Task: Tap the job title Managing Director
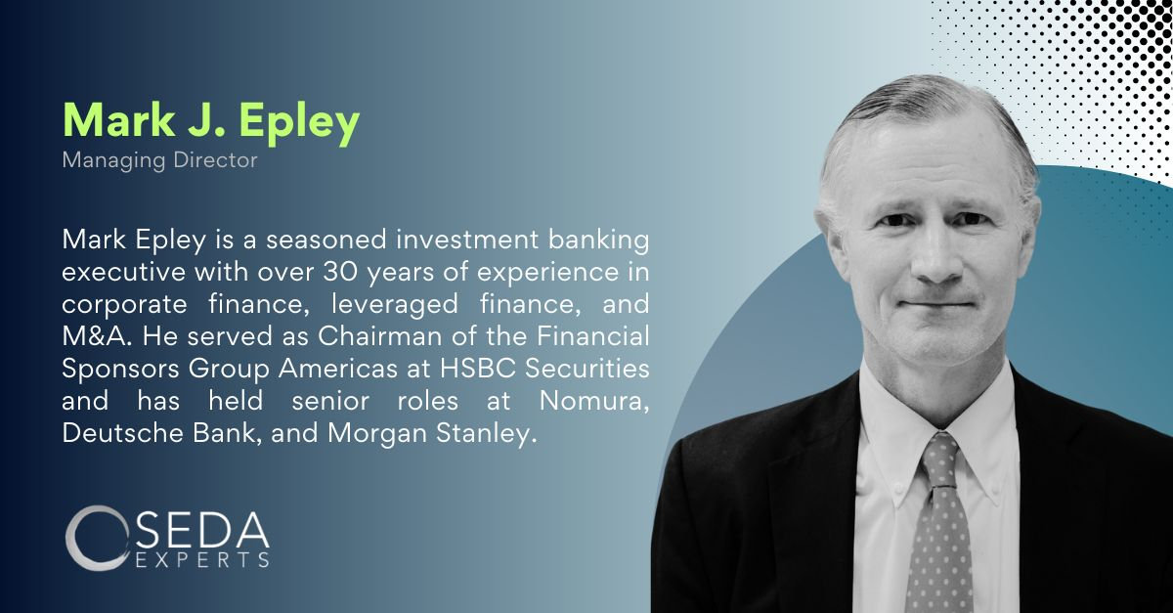[x=159, y=159]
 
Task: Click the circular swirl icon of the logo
[x=95, y=537]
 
